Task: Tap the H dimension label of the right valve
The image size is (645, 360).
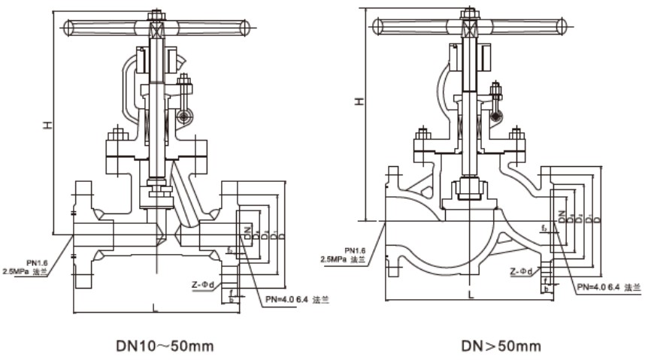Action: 360,100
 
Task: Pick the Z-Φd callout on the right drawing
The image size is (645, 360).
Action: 521,271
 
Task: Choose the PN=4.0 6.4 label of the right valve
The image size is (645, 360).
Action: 608,287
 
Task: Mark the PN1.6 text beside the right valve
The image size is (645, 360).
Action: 355,250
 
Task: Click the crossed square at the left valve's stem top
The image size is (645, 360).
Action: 157,29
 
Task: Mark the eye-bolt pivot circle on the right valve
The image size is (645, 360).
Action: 495,116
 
